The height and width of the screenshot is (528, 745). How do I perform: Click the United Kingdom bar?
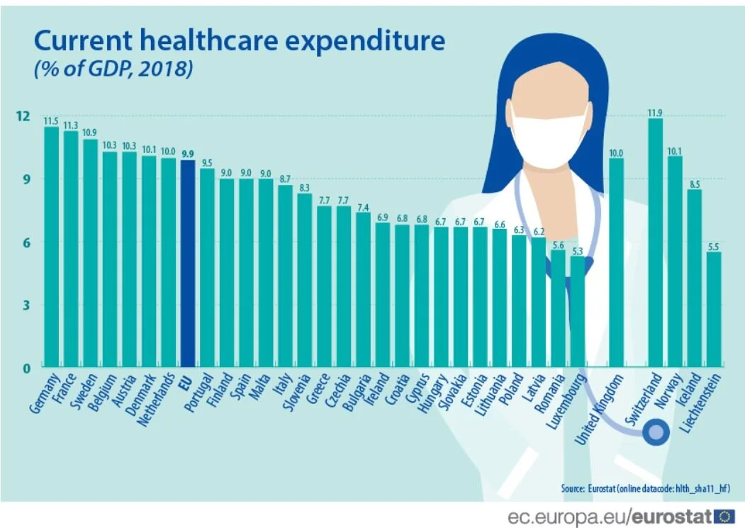617,262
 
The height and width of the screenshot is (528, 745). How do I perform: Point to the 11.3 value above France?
71,125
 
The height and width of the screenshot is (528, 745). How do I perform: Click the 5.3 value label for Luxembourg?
578,250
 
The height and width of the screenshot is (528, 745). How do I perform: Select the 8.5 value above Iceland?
694,184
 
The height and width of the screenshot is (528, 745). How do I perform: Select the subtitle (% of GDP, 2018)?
113,69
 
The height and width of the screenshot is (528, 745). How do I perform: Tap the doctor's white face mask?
549,139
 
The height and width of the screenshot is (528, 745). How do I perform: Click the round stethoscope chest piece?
656,431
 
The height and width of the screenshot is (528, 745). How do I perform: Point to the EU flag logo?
724,515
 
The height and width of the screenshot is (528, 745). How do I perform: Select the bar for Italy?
285,276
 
